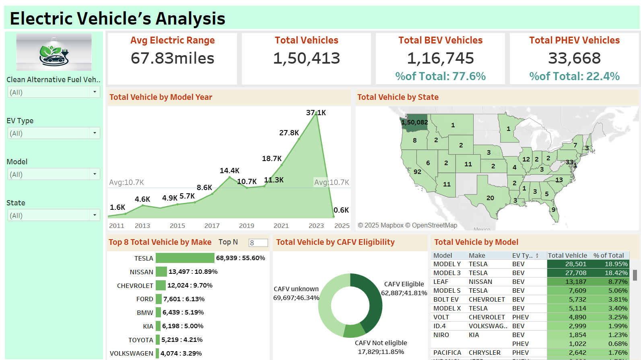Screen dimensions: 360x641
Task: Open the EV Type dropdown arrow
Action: click(95, 133)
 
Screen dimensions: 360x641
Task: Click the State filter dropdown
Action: click(54, 215)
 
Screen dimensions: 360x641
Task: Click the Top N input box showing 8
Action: click(258, 242)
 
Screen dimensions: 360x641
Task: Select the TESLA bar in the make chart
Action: click(185, 258)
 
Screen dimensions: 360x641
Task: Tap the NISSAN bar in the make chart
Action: click(161, 271)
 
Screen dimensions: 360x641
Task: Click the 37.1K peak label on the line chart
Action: click(315, 113)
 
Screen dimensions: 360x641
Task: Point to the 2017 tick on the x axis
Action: click(212, 226)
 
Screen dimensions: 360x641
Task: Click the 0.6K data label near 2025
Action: click(341, 210)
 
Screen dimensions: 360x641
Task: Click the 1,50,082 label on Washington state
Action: click(414, 122)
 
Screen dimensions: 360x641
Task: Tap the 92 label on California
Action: click(417, 172)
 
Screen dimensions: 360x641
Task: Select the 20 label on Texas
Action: click(490, 198)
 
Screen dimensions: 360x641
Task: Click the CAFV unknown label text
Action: click(296, 289)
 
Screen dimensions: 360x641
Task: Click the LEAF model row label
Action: click(441, 282)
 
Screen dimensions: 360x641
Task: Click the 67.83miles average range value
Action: click(172, 58)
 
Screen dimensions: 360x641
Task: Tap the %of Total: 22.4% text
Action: click(574, 76)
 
